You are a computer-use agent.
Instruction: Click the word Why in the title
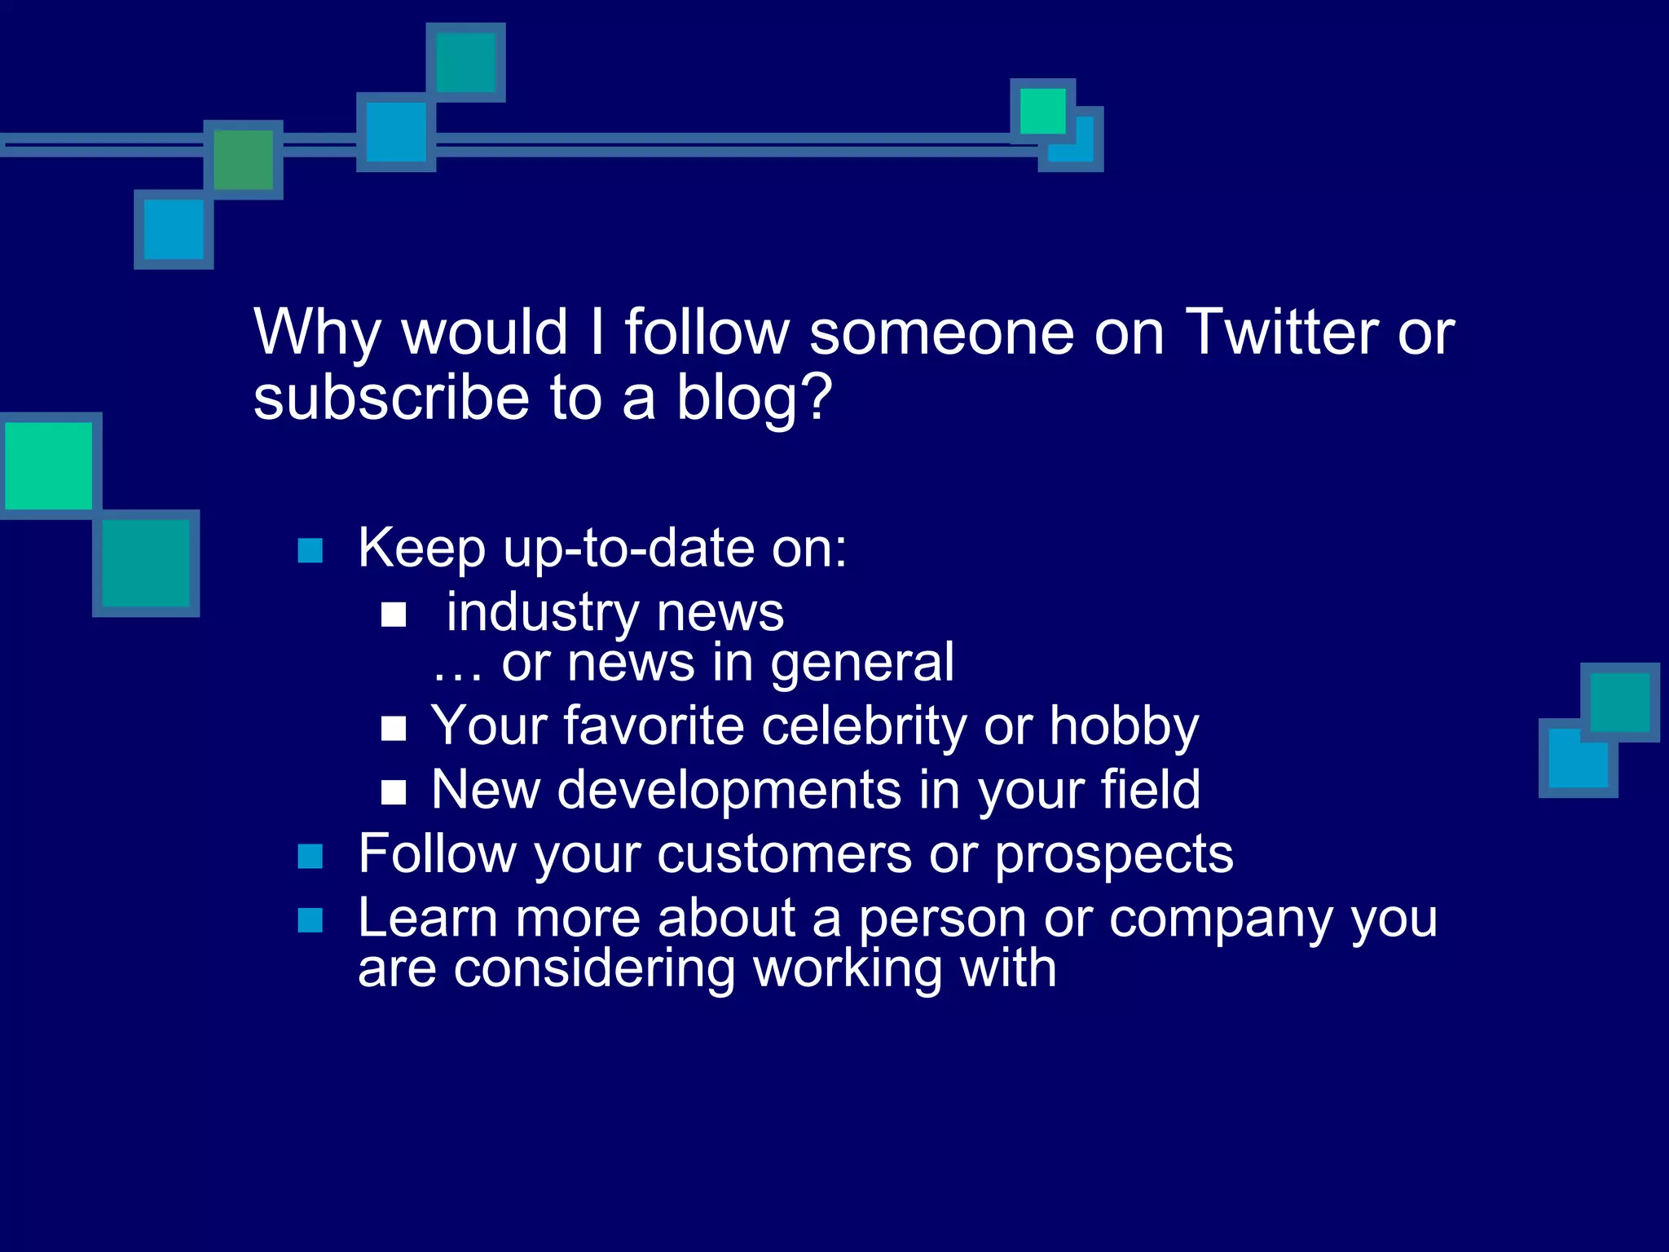click(x=317, y=333)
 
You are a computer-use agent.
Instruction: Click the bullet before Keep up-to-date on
click(x=310, y=551)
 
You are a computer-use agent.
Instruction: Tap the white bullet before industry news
click(x=394, y=615)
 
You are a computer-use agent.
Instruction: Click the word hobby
click(x=1124, y=726)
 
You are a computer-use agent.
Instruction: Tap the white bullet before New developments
click(x=394, y=791)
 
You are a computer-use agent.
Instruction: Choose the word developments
click(x=729, y=791)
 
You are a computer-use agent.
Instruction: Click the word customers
click(x=784, y=854)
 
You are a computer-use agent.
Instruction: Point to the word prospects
click(x=1114, y=856)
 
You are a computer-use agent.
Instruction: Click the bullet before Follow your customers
click(x=310, y=857)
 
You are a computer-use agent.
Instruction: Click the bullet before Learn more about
click(x=310, y=920)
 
